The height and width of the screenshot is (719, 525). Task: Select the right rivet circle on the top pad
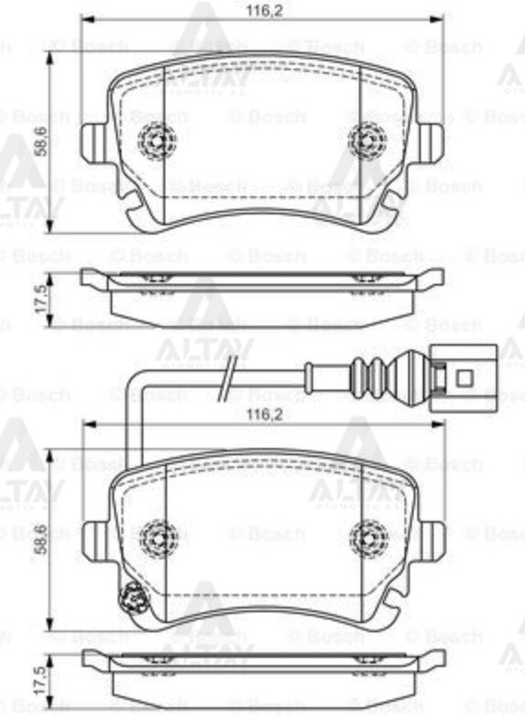click(367, 140)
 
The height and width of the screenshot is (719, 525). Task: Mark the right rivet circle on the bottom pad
click(370, 537)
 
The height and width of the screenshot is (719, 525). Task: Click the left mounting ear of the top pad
click(94, 141)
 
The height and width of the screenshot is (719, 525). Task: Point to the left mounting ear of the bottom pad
click(95, 537)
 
